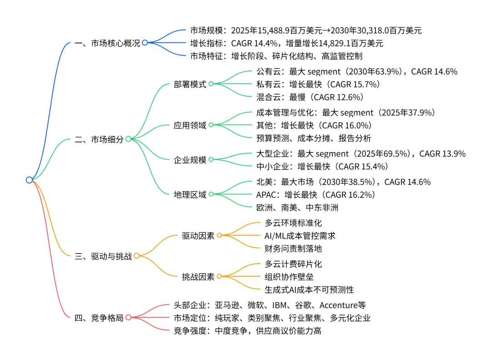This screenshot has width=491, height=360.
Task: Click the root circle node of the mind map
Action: coord(29,180)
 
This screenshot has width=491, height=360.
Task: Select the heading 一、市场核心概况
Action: coord(107,43)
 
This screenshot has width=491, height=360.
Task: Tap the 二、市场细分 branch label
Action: coord(99,140)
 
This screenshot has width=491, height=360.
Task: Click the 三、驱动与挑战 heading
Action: coord(103,256)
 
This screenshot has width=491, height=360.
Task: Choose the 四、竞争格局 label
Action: coord(99,318)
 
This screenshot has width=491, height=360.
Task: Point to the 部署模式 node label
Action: coord(190,84)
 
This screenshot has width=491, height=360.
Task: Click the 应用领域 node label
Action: coord(190,125)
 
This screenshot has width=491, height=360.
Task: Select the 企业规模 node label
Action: coord(190,160)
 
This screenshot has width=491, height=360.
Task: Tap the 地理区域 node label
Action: coord(190,195)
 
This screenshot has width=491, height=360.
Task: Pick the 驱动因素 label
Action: coord(198,235)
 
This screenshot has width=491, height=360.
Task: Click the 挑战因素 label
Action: coord(198,276)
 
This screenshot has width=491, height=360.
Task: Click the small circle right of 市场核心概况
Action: coord(145,43)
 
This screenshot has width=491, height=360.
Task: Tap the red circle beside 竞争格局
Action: coord(128,318)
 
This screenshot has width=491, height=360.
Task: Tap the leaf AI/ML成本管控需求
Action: coord(300,235)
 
